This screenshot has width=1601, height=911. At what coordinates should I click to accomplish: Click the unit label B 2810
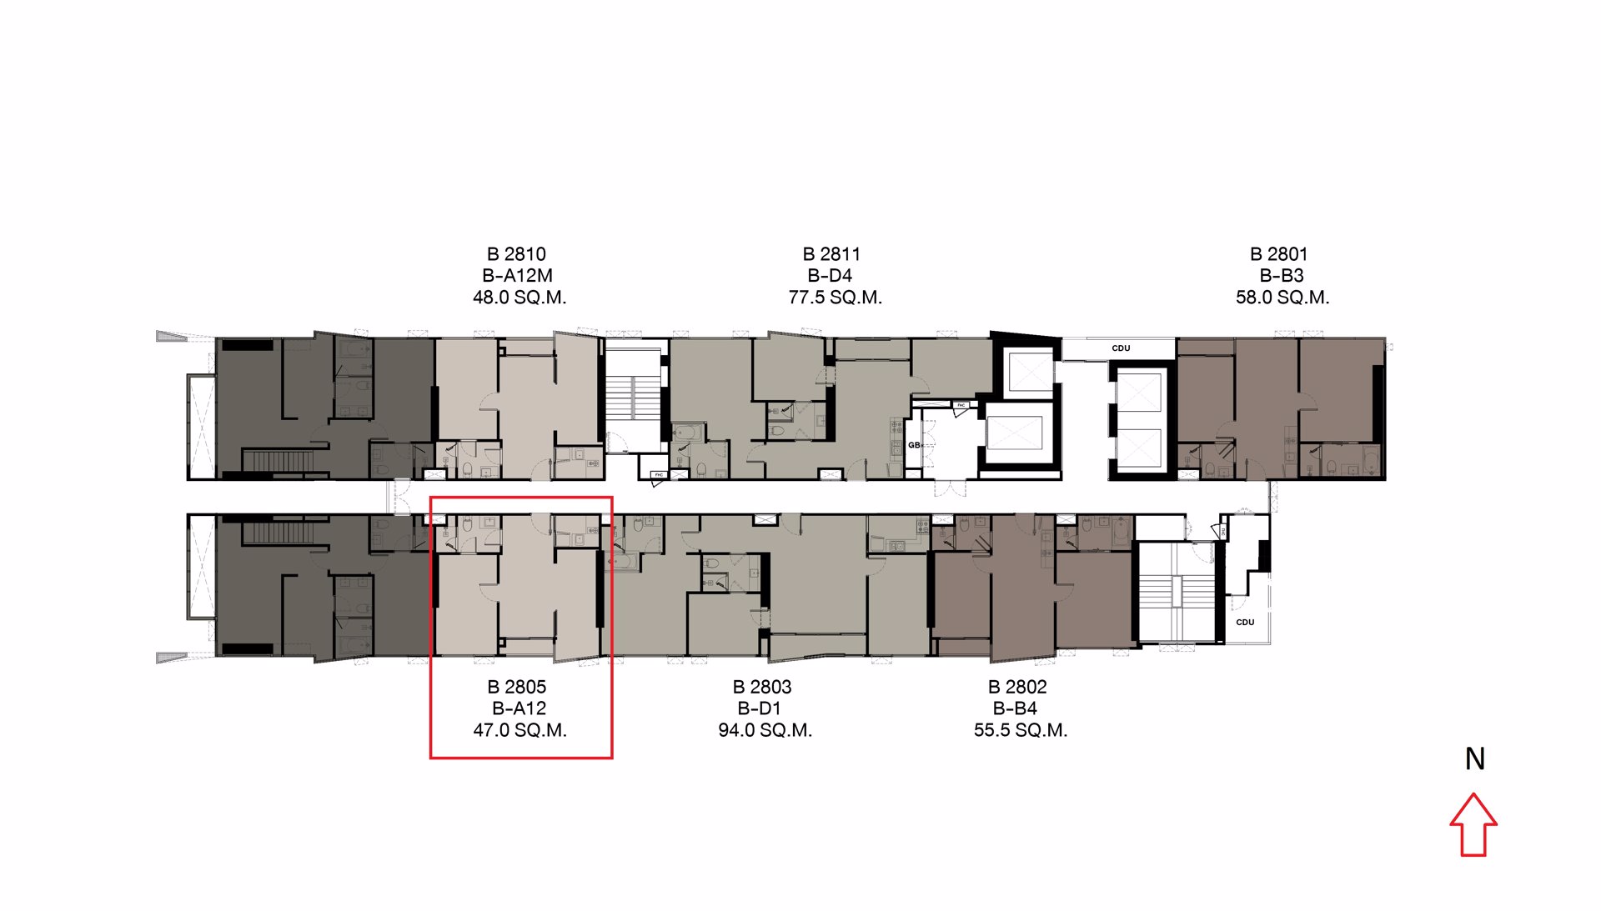[x=516, y=254]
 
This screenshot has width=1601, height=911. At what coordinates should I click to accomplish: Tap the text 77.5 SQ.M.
[x=835, y=298]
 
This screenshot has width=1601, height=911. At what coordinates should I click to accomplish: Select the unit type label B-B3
[x=1281, y=276]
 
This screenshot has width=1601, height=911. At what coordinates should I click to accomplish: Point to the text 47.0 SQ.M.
[x=519, y=730]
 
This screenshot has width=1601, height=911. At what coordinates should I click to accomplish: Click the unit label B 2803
[x=761, y=687]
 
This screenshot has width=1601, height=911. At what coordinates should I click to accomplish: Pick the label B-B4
[x=1015, y=708]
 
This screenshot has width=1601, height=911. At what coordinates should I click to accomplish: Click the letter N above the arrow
[x=1474, y=758]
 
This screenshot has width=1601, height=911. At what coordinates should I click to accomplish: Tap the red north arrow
[x=1473, y=825]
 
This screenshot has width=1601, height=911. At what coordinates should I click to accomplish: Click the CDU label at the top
[x=1121, y=348]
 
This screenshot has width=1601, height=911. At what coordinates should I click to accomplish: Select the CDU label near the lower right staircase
[x=1245, y=623]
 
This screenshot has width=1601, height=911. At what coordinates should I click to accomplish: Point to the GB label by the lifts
[x=914, y=445]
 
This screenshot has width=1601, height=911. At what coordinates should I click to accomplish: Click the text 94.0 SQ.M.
[x=765, y=730]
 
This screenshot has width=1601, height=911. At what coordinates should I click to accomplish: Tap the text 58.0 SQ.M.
[x=1282, y=298]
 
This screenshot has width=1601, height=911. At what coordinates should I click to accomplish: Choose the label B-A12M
[x=517, y=276]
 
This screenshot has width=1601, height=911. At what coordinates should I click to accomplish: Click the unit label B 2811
[x=831, y=254]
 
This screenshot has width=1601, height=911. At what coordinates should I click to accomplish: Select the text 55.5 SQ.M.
[x=1020, y=730]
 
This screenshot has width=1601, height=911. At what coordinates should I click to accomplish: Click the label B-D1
[x=759, y=708]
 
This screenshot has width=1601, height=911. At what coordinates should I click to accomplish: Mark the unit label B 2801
[x=1278, y=254]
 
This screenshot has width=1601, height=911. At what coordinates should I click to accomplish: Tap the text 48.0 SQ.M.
[x=519, y=298]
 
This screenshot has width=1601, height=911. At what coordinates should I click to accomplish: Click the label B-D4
[x=830, y=276]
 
